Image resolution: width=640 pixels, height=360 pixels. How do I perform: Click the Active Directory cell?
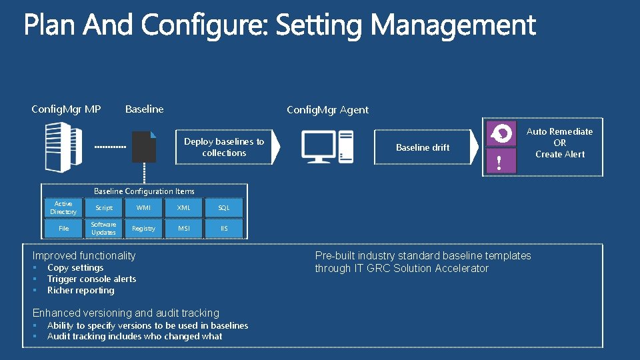[x=63, y=208]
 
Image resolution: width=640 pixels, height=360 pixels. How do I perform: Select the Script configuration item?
[x=103, y=208]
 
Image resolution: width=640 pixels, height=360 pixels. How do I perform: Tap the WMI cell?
[x=143, y=208]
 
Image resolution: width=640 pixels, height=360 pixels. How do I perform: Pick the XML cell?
[x=183, y=208]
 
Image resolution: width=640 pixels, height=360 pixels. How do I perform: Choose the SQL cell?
[x=224, y=208]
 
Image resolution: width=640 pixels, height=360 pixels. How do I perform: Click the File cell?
[x=63, y=229]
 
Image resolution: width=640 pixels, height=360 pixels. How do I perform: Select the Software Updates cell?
[x=103, y=229]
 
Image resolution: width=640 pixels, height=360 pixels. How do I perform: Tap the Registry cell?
[x=143, y=229]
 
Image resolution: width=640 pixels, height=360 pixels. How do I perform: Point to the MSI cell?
[x=183, y=229]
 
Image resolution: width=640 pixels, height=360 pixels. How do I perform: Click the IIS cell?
[x=224, y=229]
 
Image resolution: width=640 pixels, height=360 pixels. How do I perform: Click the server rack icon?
[x=63, y=148]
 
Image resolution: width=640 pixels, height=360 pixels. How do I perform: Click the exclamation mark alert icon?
[x=500, y=161]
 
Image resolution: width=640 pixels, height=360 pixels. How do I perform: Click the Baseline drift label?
[x=423, y=147]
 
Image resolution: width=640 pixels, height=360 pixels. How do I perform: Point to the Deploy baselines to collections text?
[x=224, y=147]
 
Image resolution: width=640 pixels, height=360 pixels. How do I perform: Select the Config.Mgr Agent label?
[x=327, y=110]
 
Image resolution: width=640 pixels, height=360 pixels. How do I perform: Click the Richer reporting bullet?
[x=81, y=291]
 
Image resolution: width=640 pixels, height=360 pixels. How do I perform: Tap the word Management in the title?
[x=453, y=25]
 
